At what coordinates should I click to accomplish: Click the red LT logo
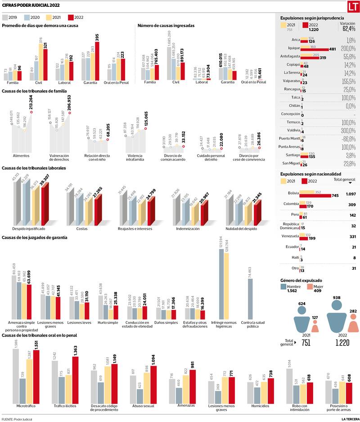[353, 6]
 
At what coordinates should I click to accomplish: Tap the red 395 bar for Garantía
[97, 61]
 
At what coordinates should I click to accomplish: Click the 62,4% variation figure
[349, 29]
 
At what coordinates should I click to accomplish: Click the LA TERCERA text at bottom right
[350, 419]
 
